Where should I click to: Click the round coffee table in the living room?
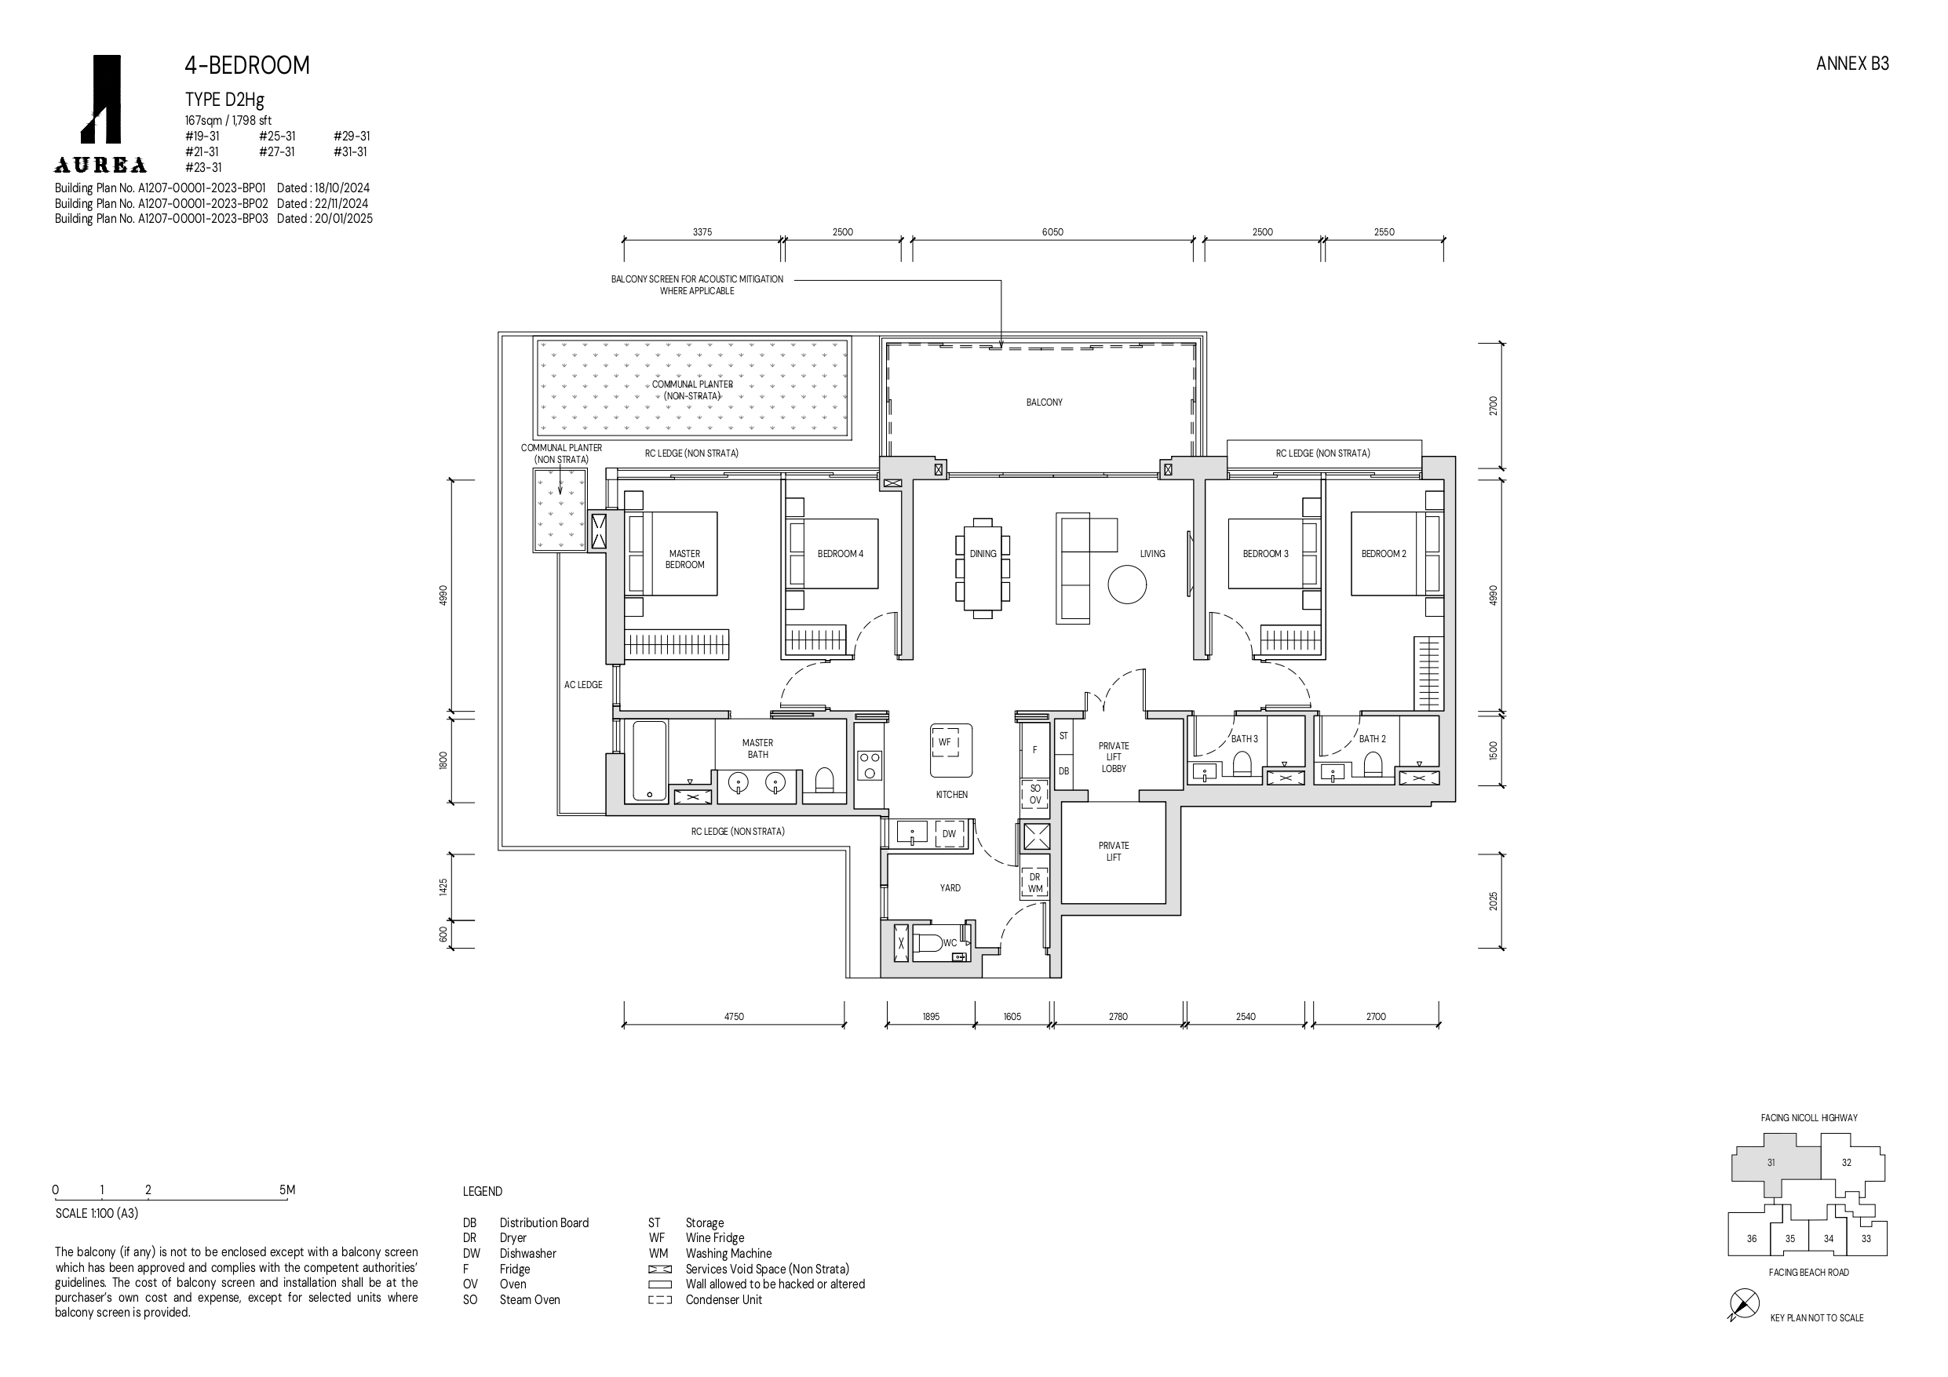tap(1127, 585)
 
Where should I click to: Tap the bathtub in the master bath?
tap(650, 761)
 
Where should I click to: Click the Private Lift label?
tap(1113, 851)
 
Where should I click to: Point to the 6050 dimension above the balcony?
tap(1052, 232)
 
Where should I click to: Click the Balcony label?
tap(1044, 403)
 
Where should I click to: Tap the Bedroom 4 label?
tap(840, 554)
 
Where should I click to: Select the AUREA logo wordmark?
tap(101, 166)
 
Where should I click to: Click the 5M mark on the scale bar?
tap(287, 1189)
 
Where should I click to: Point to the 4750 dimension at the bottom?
tap(734, 1016)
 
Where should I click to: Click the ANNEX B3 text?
tap(1852, 64)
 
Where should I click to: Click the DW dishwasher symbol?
tap(949, 834)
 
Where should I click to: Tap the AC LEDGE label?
tap(583, 685)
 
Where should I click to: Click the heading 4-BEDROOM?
tap(247, 65)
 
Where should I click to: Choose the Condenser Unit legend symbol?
tap(660, 1300)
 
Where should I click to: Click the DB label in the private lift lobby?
tap(1064, 771)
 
